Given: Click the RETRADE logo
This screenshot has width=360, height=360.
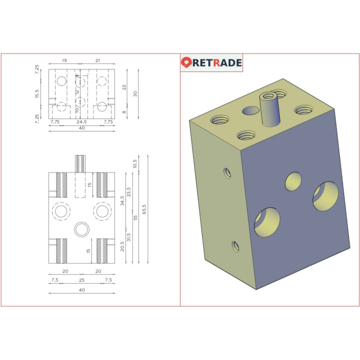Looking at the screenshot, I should (211, 62).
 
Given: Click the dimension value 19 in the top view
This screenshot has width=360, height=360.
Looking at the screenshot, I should (64, 60).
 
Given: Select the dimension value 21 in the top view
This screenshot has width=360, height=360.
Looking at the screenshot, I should (97, 60).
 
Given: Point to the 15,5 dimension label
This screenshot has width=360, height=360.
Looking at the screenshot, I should (37, 93).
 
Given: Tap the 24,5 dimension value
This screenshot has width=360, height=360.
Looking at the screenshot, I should (81, 121).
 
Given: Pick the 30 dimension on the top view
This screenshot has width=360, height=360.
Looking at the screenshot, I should (135, 93).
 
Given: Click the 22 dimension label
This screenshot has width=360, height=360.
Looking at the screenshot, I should (124, 86).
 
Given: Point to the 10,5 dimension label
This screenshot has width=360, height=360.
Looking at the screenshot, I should (135, 163).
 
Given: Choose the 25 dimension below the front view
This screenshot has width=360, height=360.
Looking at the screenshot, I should (81, 280).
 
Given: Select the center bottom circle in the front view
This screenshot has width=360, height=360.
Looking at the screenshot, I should (81, 229).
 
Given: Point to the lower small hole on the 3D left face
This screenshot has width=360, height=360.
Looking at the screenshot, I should (235, 246).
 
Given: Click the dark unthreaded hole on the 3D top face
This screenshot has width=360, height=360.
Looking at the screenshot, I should (250, 111).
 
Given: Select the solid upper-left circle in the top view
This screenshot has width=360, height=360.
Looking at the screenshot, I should (61, 81).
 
